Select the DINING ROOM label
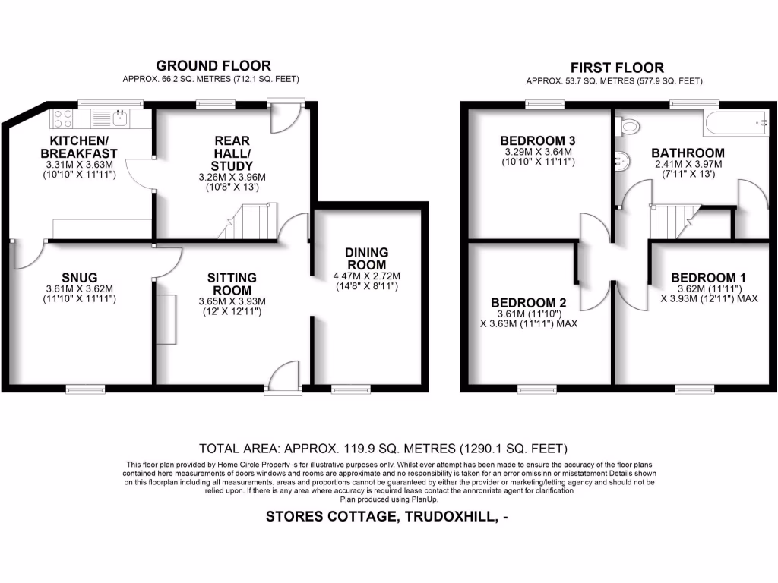[366, 258]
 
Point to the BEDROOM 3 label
[537, 140]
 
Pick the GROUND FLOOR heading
[213, 66]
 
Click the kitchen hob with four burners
[63, 118]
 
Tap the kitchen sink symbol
[119, 118]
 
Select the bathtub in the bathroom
[736, 121]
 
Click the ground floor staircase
[251, 222]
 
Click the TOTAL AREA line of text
[383, 448]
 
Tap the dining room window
[349, 389]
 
